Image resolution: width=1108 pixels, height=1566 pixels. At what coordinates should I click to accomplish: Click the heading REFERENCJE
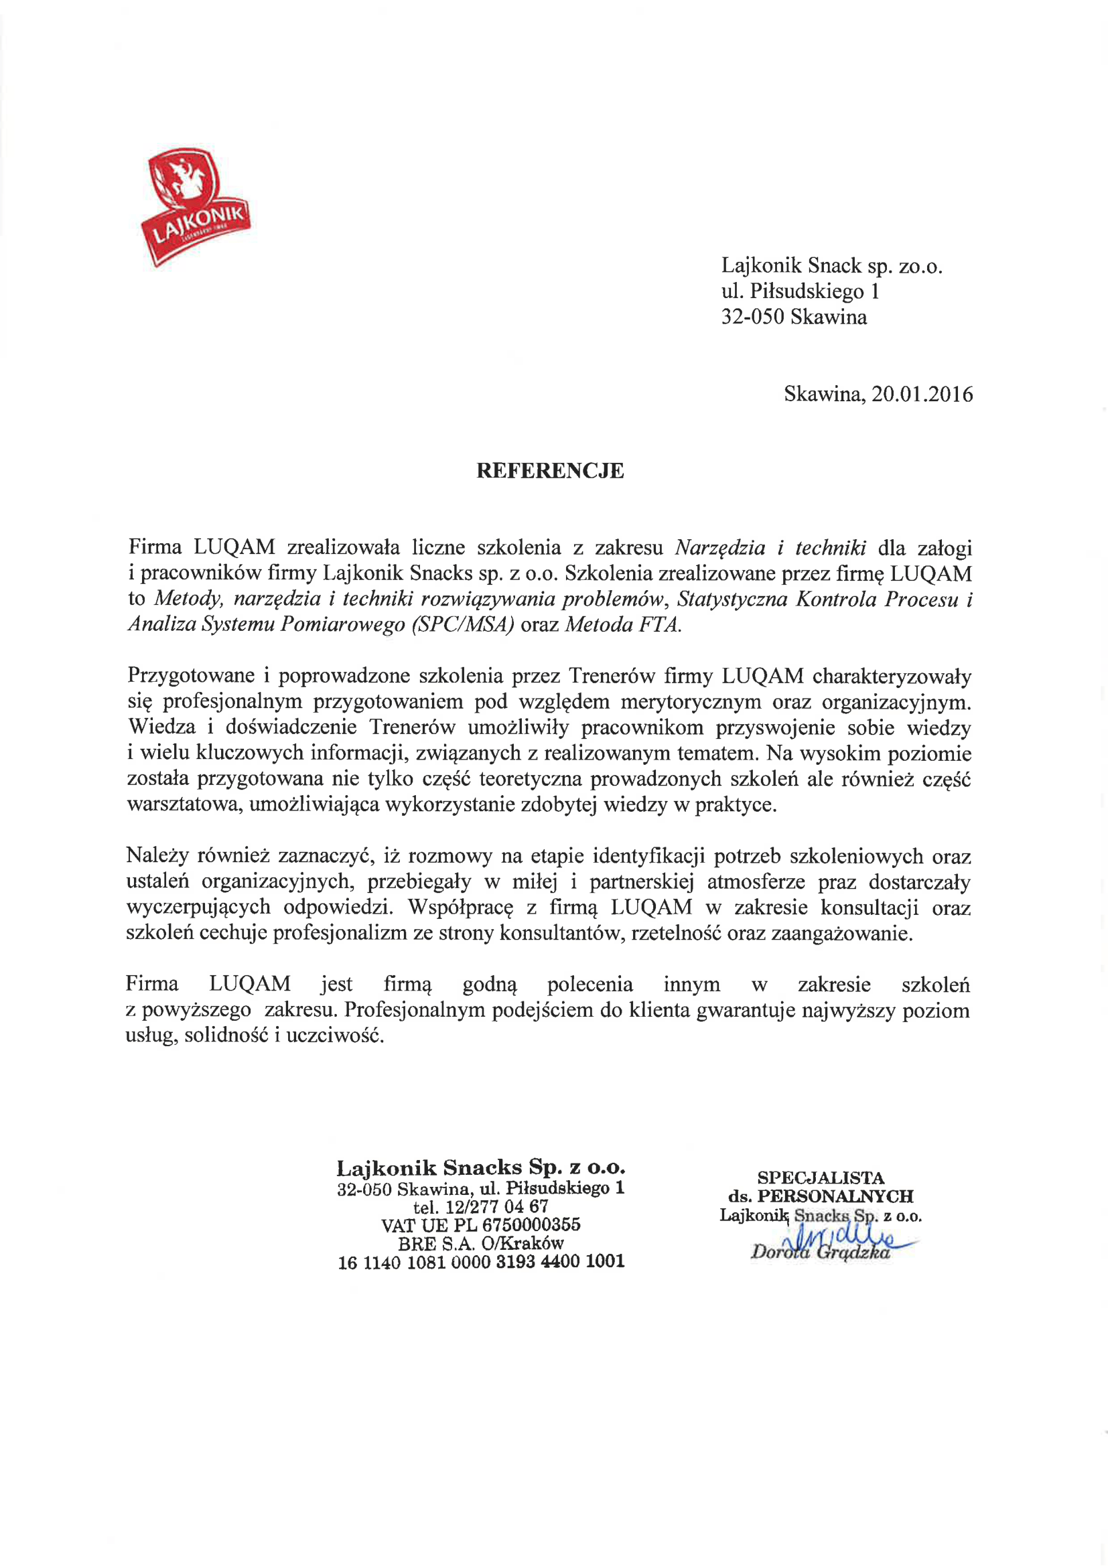click(550, 472)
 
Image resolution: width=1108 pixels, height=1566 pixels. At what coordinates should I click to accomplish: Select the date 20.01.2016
click(922, 395)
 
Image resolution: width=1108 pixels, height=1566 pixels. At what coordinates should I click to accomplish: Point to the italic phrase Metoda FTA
click(623, 626)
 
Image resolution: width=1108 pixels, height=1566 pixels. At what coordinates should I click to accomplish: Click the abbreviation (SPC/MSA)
click(463, 626)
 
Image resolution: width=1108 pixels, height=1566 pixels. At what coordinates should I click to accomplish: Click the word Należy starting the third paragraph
click(155, 856)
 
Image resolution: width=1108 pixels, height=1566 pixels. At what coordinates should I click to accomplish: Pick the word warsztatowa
click(184, 805)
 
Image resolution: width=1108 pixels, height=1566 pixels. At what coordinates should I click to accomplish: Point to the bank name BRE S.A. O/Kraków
click(481, 1243)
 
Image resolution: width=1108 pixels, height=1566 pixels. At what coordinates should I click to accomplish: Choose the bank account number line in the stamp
click(481, 1262)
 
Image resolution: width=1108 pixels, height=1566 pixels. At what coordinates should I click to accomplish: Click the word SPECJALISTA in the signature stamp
click(820, 1178)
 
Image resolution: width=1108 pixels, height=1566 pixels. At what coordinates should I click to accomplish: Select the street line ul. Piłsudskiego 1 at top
click(801, 292)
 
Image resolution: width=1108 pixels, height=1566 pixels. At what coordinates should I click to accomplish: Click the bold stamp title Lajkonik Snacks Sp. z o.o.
click(480, 1168)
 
